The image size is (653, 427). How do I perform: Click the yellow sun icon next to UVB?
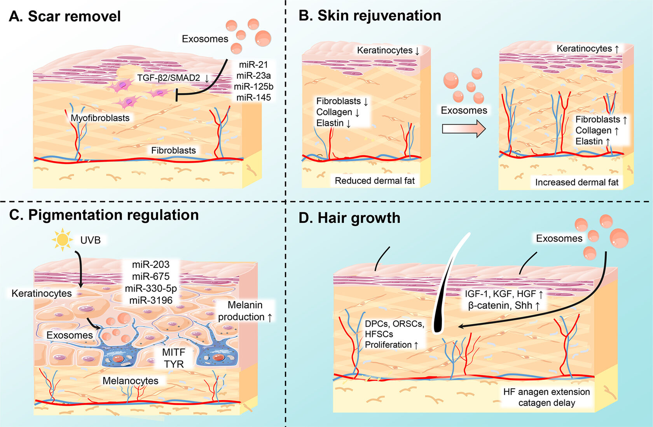62,240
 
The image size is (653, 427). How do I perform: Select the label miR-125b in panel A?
253,86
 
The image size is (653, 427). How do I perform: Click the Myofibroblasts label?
100,118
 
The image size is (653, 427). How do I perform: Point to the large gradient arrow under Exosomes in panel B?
464,128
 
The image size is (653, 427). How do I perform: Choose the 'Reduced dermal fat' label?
375,181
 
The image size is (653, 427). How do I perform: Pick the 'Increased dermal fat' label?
576,182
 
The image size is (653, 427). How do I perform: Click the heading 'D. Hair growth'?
349,218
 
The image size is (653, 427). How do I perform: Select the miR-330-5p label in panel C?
151,288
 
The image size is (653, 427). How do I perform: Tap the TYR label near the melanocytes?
174,364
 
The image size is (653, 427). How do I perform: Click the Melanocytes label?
130,381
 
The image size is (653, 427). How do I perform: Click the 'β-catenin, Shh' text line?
504,305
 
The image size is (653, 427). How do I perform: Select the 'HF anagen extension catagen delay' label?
546,397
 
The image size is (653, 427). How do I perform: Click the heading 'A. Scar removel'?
65,16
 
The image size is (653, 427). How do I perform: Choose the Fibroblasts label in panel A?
173,150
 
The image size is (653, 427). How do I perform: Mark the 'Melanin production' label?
245,311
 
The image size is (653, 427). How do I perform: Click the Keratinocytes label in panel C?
42,293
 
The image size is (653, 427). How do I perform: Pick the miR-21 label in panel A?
253,65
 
